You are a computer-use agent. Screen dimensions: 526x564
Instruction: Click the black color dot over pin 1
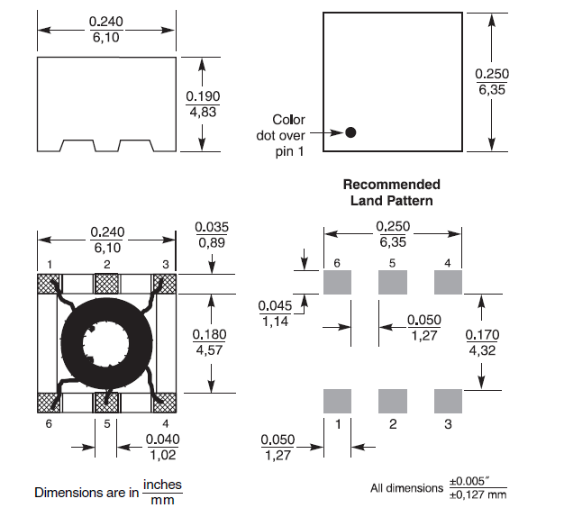350,132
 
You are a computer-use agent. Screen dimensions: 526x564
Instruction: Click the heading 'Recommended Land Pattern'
391,192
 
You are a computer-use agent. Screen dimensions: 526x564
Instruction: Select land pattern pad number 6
336,283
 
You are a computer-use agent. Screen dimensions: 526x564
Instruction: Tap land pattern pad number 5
392,283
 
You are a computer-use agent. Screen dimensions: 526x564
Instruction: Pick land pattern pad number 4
448,283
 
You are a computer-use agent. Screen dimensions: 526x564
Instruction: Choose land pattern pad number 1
336,399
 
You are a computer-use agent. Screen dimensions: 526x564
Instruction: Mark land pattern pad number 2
392,399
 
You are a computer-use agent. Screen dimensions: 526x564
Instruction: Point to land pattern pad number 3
448,399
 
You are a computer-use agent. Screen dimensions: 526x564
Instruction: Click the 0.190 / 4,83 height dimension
203,104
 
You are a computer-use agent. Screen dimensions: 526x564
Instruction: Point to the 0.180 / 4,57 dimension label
209,342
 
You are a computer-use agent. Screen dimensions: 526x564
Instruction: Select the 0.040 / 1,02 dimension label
163,447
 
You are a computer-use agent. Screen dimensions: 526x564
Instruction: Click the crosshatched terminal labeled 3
166,284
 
